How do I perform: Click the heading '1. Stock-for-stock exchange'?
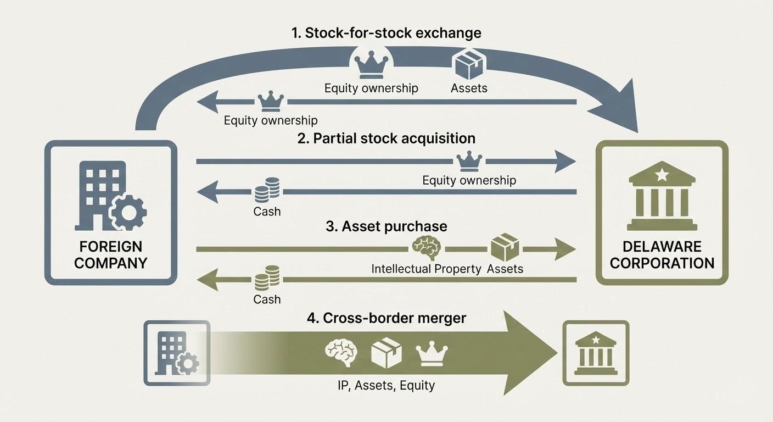point(386,33)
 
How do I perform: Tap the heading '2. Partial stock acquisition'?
point(386,138)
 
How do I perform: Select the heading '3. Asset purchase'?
point(386,226)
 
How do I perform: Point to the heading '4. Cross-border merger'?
point(386,318)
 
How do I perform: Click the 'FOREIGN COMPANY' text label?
point(110,254)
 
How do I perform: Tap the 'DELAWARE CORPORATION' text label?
point(662,254)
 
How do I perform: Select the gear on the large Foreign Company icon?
point(127,213)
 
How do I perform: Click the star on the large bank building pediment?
point(662,175)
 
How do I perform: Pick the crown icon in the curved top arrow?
point(371,65)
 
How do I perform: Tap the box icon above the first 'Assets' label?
point(468,64)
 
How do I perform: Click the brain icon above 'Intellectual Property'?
point(426,248)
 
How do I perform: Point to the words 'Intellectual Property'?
point(426,269)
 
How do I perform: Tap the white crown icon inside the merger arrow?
point(432,354)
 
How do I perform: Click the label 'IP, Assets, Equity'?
point(386,385)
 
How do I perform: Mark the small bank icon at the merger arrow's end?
point(596,353)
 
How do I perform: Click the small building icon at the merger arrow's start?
point(177,353)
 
